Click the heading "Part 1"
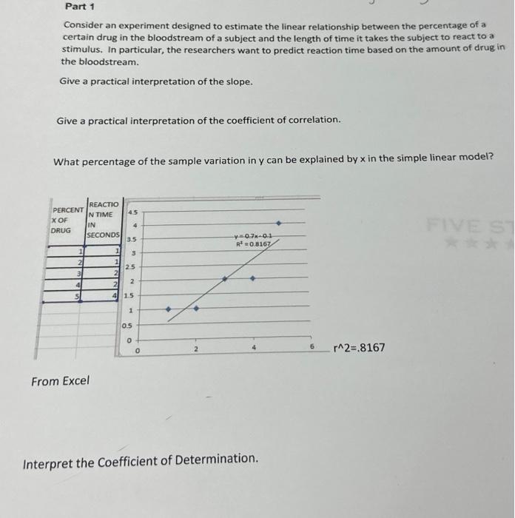coord(77,7)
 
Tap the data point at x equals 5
coord(278,222)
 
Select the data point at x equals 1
coord(168,309)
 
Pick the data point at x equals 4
coord(252,279)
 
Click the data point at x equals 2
coord(196,309)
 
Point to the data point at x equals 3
coord(225,279)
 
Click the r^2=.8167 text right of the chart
coord(360,347)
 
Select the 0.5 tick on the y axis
coord(128,326)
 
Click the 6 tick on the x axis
coord(312,347)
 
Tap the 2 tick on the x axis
coord(196,347)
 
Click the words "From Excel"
coord(60,381)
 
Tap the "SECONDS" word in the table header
coord(104,235)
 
